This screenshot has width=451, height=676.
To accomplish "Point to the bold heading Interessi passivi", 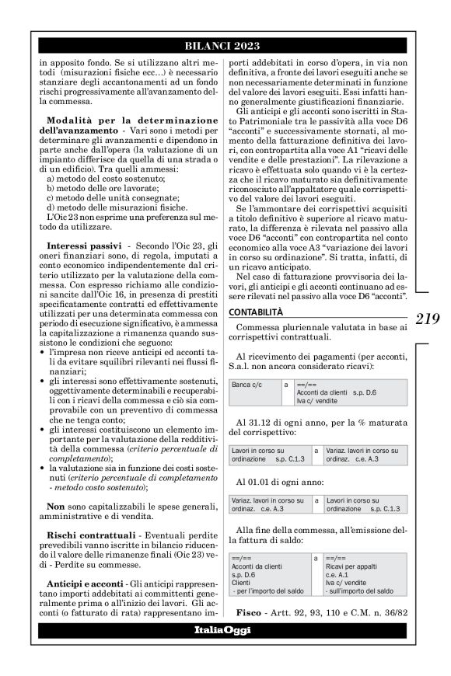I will pos(82,245).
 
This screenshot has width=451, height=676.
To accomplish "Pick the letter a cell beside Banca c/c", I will pos(286,384).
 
